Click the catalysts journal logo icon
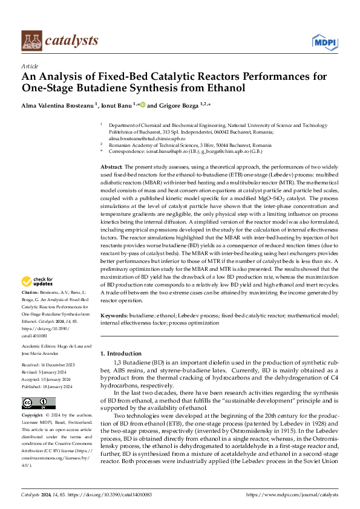tap(32, 40)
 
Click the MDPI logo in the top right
tap(324, 41)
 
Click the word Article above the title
tap(30, 66)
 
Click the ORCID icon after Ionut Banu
tap(143, 104)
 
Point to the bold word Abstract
tap(111, 166)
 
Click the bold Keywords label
tap(114, 316)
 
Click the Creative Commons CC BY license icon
tap(38, 403)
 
